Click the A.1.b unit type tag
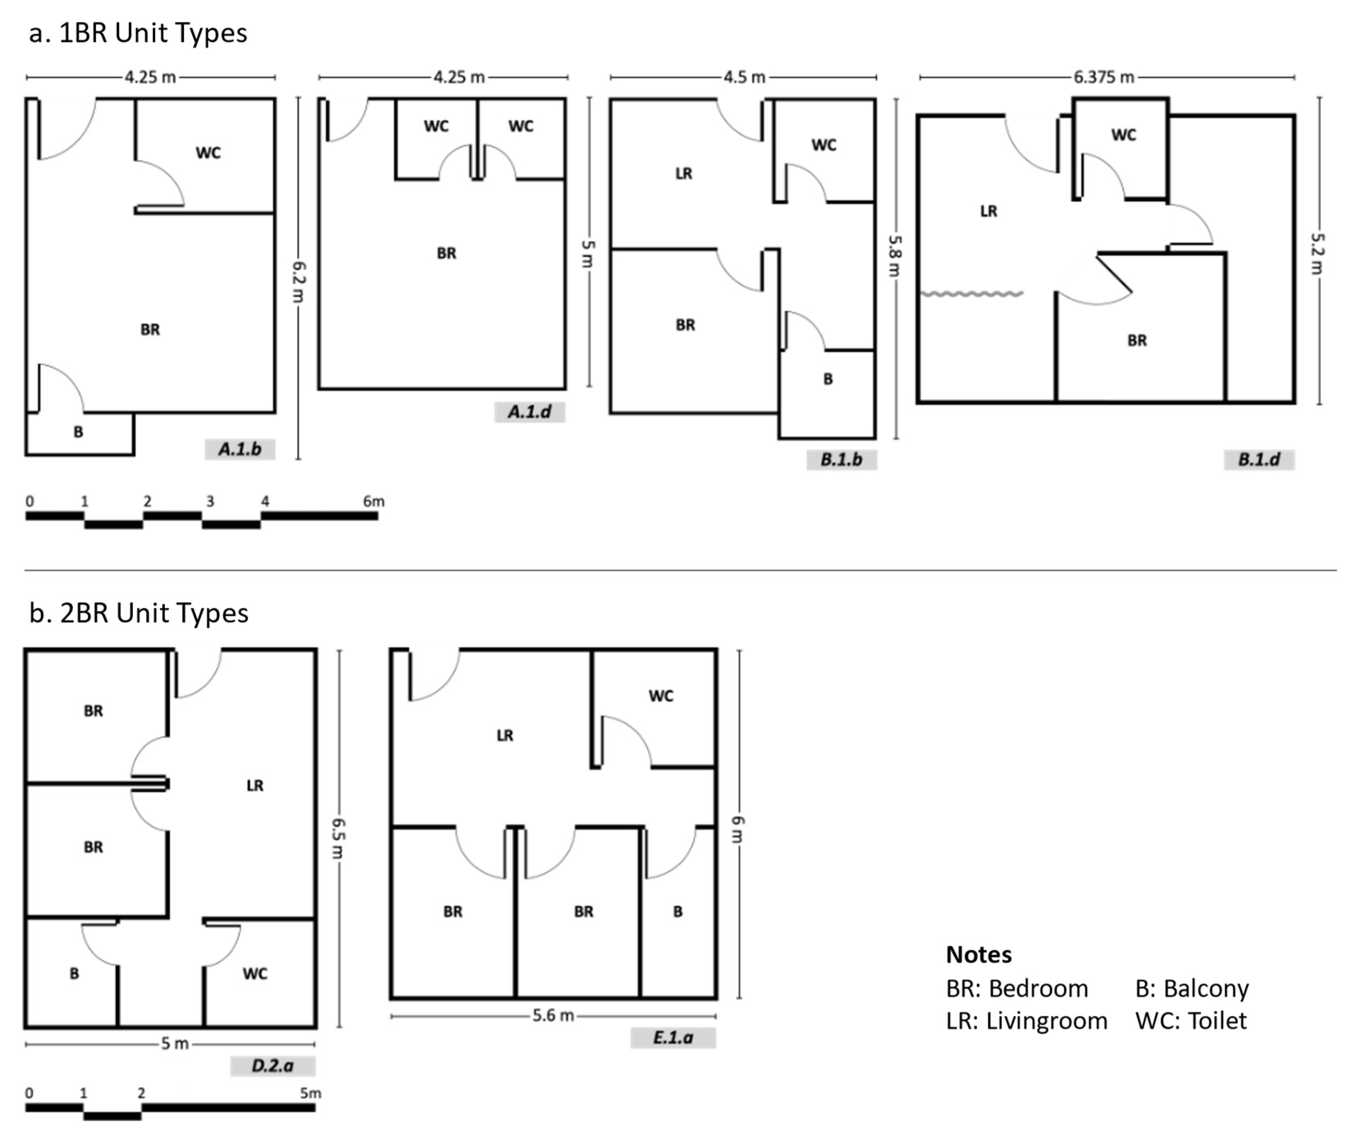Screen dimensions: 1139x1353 pos(240,449)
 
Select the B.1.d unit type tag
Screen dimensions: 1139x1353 pos(1258,459)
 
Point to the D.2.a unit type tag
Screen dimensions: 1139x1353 pos(272,1065)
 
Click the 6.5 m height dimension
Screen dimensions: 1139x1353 pos(338,838)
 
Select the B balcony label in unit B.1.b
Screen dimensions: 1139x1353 pos(827,380)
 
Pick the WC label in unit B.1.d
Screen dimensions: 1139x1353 pos(1123,135)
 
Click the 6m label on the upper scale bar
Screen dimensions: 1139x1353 pos(373,501)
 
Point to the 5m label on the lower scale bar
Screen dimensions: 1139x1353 pos(310,1093)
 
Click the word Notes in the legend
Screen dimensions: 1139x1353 pos(978,954)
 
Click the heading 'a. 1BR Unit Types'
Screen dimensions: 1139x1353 pos(138,33)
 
